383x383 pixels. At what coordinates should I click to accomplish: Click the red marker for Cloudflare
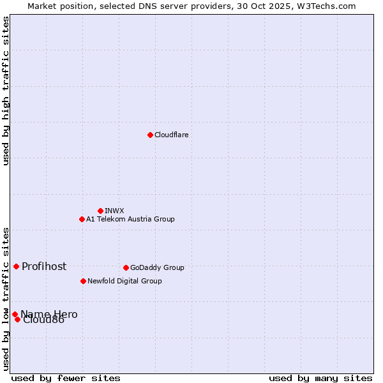point(150,135)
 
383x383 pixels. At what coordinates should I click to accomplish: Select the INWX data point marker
point(100,211)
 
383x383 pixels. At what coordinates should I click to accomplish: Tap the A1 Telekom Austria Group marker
point(82,219)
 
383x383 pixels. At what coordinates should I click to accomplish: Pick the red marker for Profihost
point(16,266)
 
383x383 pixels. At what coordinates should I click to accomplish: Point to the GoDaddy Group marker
point(126,267)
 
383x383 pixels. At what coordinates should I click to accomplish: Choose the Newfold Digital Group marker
point(83,281)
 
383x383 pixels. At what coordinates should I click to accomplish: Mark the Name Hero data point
point(15,314)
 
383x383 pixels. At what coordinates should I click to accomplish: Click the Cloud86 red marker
point(17,319)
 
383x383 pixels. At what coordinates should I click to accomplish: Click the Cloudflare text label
point(172,135)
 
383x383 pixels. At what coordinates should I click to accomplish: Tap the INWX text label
point(114,211)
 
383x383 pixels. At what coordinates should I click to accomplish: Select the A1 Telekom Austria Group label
point(130,219)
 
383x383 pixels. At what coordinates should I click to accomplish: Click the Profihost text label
point(44,266)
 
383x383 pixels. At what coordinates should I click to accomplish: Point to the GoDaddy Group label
point(157,267)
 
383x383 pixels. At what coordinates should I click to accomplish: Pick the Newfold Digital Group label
point(124,281)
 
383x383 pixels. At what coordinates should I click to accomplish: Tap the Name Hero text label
point(49,314)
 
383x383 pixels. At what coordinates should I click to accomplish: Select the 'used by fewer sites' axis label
point(66,378)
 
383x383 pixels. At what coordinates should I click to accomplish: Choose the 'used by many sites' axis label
point(320,378)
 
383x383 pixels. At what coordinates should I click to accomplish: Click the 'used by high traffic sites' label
point(6,91)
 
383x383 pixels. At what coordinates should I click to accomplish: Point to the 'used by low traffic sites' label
point(6,298)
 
